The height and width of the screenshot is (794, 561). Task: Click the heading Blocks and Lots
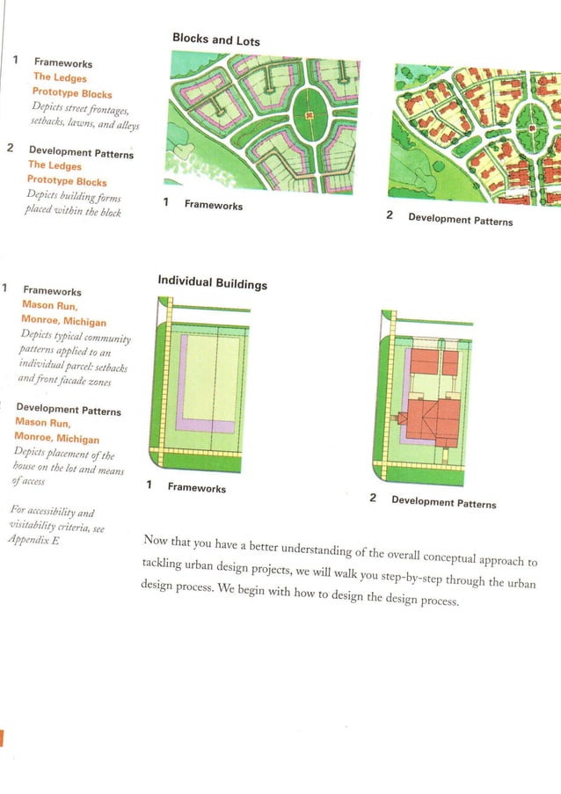click(216, 40)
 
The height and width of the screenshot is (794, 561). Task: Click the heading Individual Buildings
click(212, 282)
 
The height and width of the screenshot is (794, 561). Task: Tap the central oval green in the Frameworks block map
click(309, 117)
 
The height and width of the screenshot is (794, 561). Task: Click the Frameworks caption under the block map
click(213, 205)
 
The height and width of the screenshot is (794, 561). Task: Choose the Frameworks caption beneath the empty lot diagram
click(196, 488)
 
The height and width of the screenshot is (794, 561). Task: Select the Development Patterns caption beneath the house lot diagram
click(443, 502)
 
